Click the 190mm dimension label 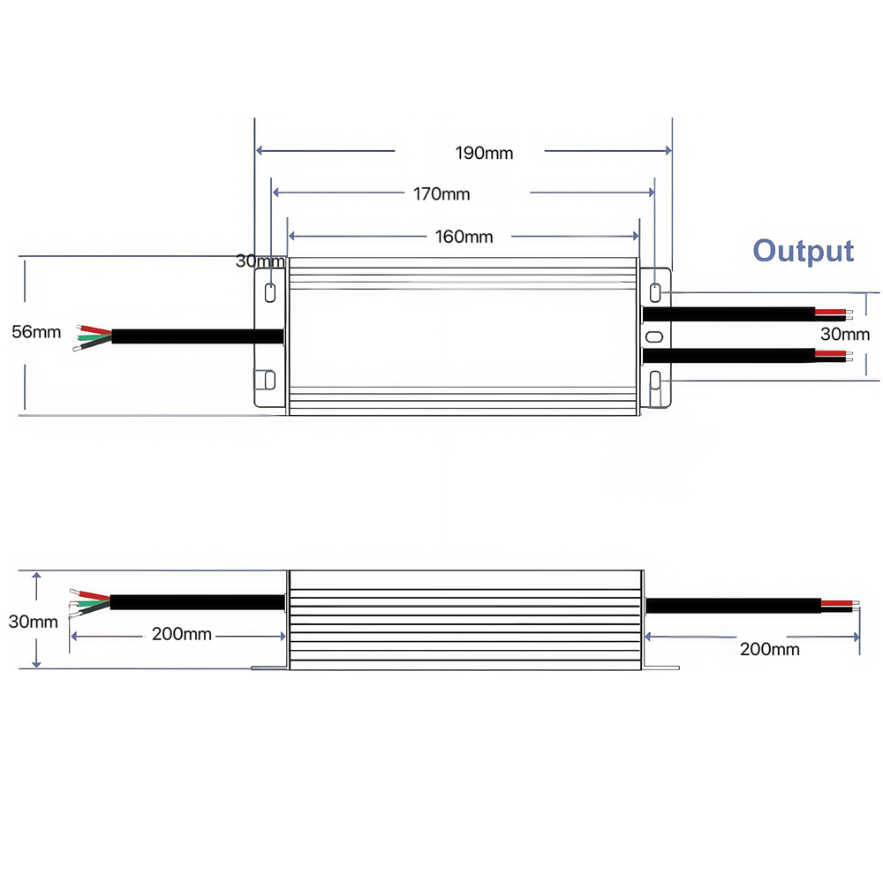click(x=484, y=153)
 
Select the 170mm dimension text click(x=441, y=193)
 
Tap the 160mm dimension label click(x=464, y=237)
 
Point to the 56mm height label click(x=35, y=333)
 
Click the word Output click(x=803, y=251)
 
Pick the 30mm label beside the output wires click(x=845, y=335)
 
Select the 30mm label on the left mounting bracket click(x=260, y=260)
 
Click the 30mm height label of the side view click(x=33, y=621)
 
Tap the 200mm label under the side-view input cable click(x=181, y=635)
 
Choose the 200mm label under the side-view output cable click(x=769, y=649)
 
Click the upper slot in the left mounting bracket click(x=270, y=292)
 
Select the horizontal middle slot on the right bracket click(x=653, y=336)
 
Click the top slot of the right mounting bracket click(x=655, y=291)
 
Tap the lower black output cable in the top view click(x=728, y=355)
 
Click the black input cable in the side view click(x=194, y=602)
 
